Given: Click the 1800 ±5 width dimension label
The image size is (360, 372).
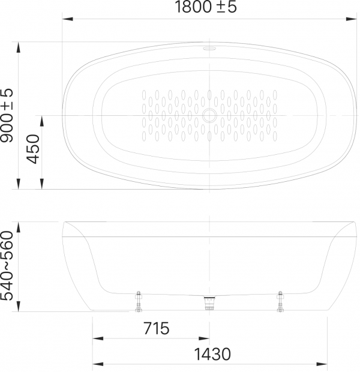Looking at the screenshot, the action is click(206, 7).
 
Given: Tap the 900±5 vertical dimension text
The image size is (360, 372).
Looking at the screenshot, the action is click(7, 116).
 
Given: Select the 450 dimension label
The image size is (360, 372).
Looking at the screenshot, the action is click(33, 149).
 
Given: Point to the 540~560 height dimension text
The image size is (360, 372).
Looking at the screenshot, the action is click(7, 266).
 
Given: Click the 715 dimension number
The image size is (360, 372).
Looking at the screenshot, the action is click(157, 328).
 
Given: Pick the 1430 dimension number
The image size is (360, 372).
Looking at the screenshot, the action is click(212, 354).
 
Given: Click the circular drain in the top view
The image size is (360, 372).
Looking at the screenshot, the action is click(209, 115).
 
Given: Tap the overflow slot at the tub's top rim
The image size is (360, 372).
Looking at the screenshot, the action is click(209, 49).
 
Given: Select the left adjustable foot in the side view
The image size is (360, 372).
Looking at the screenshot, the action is click(139, 301).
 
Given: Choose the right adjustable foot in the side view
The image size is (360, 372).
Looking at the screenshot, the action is click(280, 301).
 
